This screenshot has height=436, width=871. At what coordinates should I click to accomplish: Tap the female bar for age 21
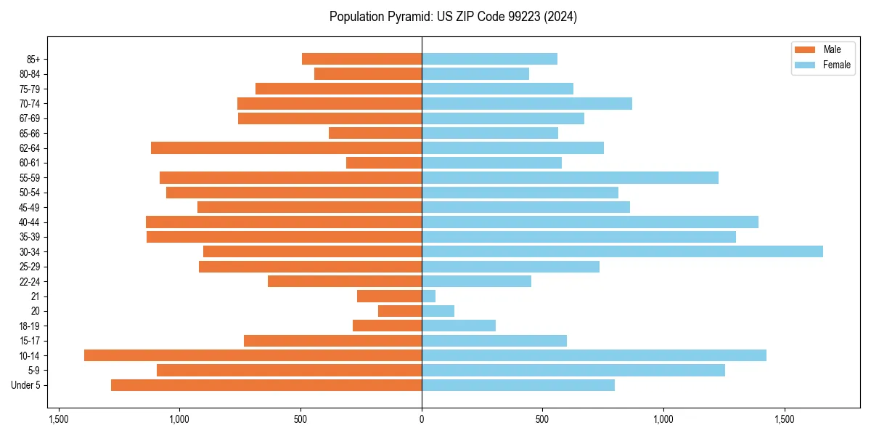pos(428,296)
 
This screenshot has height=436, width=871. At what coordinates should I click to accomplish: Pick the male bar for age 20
pos(400,311)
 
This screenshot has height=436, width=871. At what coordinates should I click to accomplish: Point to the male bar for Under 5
pos(266,385)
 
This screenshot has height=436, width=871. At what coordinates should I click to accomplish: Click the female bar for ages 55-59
pos(570,177)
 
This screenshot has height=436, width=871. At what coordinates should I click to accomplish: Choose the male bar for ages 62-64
pos(286,148)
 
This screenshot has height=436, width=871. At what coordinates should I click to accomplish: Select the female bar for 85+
pos(489,59)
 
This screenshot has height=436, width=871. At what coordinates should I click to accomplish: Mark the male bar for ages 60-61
pos(384,163)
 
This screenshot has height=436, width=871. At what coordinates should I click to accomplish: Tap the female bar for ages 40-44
pos(590,222)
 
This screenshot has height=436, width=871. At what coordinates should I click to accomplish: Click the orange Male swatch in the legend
pos(805,49)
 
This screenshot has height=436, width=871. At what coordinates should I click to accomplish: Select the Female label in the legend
pos(837,65)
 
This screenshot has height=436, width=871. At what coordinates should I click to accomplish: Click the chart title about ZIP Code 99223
pos(453,17)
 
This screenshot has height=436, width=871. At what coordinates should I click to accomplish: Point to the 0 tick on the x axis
pos(422,419)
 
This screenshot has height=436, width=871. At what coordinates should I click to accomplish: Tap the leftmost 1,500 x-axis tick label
pos(59,419)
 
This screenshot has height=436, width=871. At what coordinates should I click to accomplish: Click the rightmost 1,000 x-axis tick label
pos(663,419)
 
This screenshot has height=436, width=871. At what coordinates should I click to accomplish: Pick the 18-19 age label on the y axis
pos(30,326)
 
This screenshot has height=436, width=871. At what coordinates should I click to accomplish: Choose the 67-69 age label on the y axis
pos(30,118)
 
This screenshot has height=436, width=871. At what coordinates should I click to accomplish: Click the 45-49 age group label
pos(30,207)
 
